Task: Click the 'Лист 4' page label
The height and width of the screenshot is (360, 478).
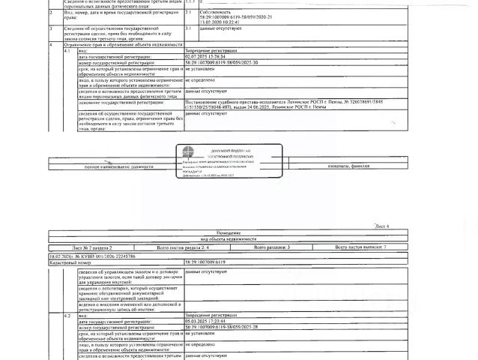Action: point(381,226)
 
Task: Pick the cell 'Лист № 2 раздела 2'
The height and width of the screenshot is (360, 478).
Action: point(92,246)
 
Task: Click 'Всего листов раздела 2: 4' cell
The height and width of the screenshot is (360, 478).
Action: point(183,246)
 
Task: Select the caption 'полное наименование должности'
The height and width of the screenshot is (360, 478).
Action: point(110,165)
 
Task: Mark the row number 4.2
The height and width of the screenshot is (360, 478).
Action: point(67,315)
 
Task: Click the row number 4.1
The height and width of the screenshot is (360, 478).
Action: point(67,49)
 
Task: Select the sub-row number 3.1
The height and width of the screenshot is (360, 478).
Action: point(188,27)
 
